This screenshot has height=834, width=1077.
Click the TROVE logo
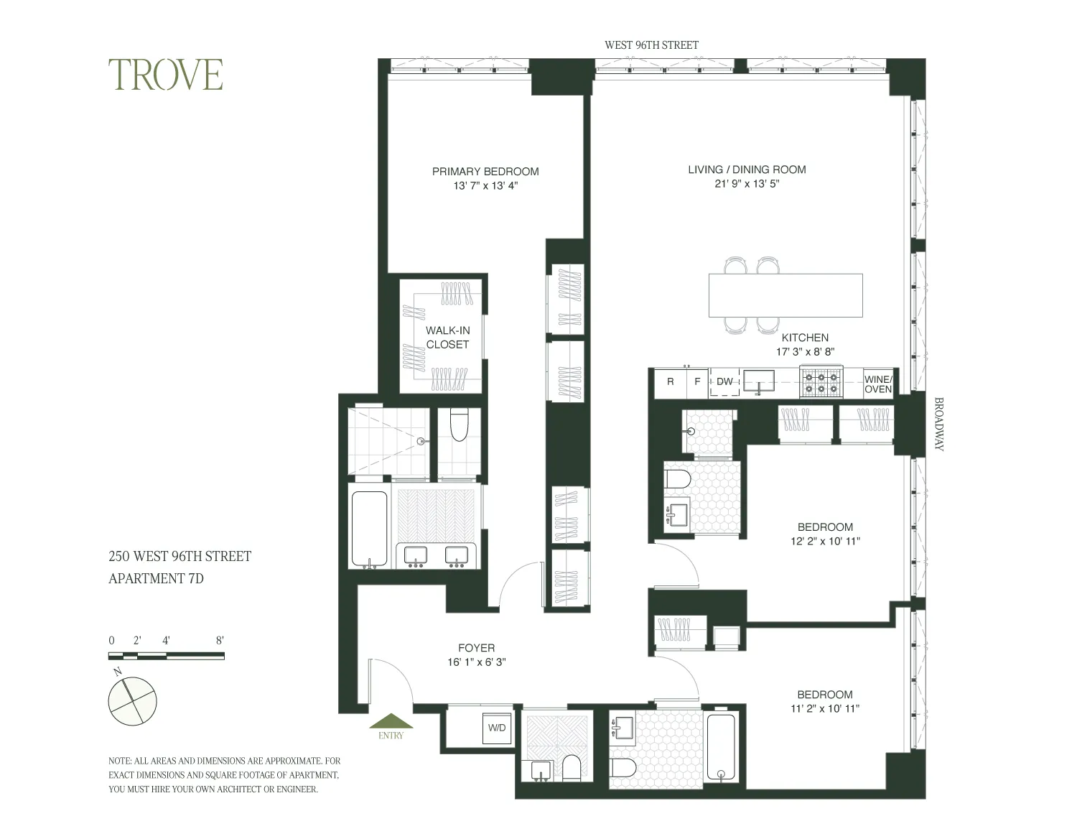[166, 75]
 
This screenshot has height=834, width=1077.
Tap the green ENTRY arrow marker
[391, 722]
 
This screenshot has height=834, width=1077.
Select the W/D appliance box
[497, 728]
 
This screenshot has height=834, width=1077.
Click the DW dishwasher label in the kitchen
[724, 381]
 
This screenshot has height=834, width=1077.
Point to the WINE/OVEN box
[877, 384]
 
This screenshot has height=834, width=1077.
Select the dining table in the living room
[785, 295]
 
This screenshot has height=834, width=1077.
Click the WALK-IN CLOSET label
[447, 338]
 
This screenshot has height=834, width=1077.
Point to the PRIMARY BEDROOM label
[485, 172]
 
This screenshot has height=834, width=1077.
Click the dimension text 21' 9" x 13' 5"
[747, 184]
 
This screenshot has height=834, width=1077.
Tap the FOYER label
[476, 648]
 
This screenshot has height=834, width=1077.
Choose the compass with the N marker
[132, 701]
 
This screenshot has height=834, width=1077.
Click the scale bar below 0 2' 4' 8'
[166, 656]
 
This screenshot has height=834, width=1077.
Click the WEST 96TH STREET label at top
[651, 45]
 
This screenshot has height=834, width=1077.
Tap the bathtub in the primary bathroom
[369, 529]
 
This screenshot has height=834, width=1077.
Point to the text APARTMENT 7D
[156, 578]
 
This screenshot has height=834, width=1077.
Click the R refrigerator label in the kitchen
[671, 381]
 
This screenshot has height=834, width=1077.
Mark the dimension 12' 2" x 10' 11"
[825, 541]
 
